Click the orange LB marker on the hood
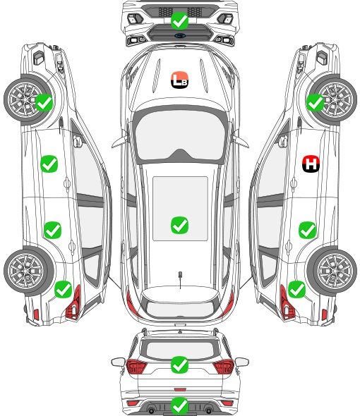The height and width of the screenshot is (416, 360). (x=179, y=80)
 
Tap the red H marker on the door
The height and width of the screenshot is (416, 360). (x=311, y=164)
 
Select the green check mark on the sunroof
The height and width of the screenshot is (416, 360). (x=179, y=225)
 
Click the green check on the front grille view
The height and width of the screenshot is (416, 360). (x=179, y=20)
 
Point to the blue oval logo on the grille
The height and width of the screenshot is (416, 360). (x=180, y=35)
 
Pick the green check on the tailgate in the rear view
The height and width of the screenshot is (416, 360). (x=179, y=365)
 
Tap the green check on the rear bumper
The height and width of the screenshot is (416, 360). (x=179, y=405)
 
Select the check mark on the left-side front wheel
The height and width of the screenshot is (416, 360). (x=44, y=102)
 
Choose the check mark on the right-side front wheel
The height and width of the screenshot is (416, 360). (x=315, y=102)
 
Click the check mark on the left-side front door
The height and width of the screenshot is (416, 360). (x=49, y=164)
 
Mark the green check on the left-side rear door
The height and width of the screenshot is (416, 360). (x=52, y=230)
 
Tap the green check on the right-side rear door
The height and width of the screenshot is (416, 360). (x=307, y=230)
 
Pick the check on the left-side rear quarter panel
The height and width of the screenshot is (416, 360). (x=63, y=289)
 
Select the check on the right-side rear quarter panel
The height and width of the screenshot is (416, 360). (x=296, y=289)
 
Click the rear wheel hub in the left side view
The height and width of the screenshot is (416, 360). (x=25, y=271)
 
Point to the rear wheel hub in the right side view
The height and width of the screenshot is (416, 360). (x=335, y=271)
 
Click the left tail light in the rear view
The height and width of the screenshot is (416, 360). (x=136, y=367)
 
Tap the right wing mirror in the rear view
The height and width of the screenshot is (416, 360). (x=242, y=362)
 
